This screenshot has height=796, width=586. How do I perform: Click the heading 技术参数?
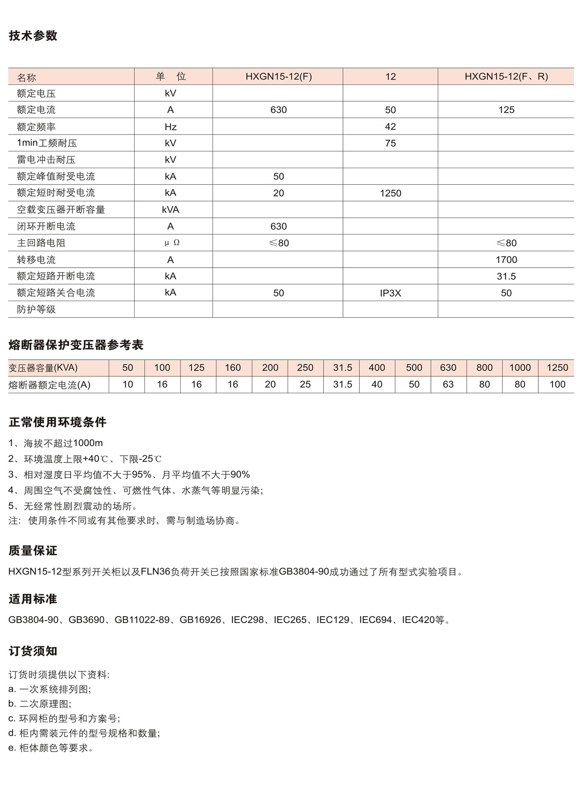(x=33, y=36)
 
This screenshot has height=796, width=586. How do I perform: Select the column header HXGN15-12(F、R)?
(x=506, y=76)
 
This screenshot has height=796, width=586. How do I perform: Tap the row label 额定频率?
(x=36, y=127)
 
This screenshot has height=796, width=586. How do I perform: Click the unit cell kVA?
(x=170, y=210)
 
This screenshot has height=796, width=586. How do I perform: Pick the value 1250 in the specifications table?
(x=390, y=193)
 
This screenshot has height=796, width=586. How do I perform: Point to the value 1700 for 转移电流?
(x=506, y=260)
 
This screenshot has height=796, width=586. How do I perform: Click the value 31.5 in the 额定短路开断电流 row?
(x=506, y=276)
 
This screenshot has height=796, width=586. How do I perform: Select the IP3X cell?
(x=390, y=293)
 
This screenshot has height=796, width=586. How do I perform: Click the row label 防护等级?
(x=36, y=309)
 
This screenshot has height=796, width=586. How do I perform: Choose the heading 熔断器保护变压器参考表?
(x=76, y=345)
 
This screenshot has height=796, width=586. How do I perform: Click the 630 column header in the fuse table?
(x=448, y=368)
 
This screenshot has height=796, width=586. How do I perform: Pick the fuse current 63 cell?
(x=448, y=384)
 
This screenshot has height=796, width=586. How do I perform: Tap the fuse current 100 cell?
(x=557, y=384)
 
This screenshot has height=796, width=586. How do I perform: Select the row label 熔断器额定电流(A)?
(x=50, y=385)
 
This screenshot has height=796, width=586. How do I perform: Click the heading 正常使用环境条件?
(x=57, y=422)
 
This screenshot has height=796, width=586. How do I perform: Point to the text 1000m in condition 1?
(x=88, y=443)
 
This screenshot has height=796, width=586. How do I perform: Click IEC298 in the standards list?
(x=247, y=620)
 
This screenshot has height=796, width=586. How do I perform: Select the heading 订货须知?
(x=33, y=651)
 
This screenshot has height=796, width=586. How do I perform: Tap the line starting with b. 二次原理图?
(x=40, y=704)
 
